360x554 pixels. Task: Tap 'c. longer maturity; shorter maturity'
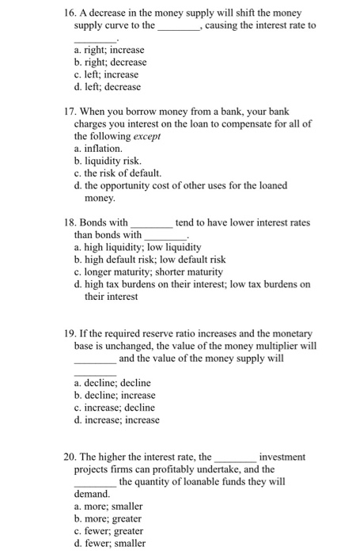tap(147, 271)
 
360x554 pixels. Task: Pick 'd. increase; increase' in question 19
tap(116, 420)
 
